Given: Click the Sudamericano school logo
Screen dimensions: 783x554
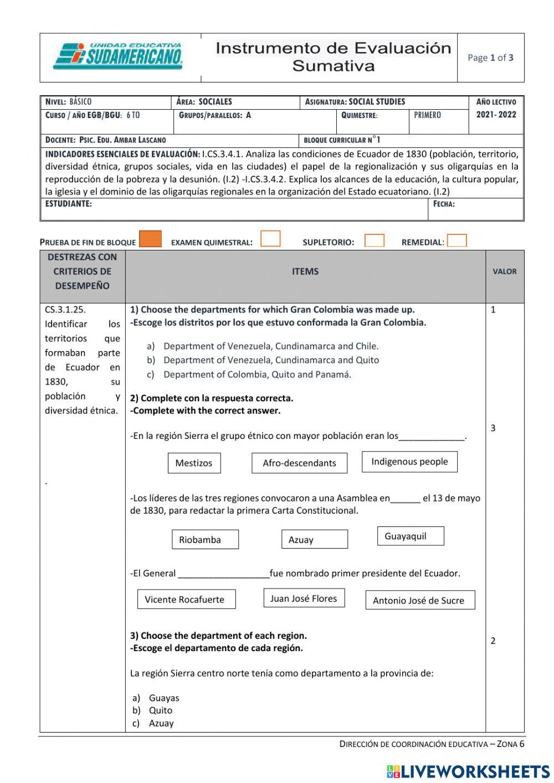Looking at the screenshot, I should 118,57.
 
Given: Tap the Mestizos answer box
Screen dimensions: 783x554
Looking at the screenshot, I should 194,463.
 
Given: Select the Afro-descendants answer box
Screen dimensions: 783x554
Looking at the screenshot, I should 299,463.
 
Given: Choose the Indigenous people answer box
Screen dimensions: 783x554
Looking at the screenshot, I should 409,462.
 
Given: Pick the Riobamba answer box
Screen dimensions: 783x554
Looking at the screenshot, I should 205,540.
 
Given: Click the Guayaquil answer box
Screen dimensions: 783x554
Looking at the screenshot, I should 410,536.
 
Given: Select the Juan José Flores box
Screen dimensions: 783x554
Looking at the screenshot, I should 304,598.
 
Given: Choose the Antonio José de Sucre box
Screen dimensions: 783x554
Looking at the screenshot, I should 419,601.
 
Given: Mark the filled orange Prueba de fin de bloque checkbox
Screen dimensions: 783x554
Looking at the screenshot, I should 150,239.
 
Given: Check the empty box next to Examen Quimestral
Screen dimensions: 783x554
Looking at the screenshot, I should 270,239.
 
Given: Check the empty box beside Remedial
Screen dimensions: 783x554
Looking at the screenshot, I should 456,241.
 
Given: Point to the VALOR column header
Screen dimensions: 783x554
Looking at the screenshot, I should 504,272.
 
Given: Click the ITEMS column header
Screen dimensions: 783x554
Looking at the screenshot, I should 305,272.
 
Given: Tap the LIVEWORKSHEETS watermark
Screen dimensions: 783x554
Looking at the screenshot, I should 468,771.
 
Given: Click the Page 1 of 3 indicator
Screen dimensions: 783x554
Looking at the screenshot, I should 490,58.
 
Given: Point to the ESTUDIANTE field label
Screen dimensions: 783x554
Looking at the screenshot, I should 69,204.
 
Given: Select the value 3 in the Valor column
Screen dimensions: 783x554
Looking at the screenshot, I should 493,428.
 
